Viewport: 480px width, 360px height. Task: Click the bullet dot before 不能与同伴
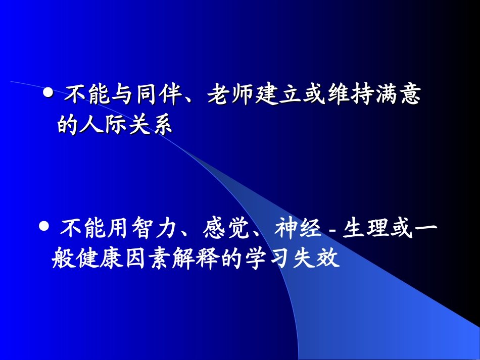[49, 93]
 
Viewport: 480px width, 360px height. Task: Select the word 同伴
[158, 95]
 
